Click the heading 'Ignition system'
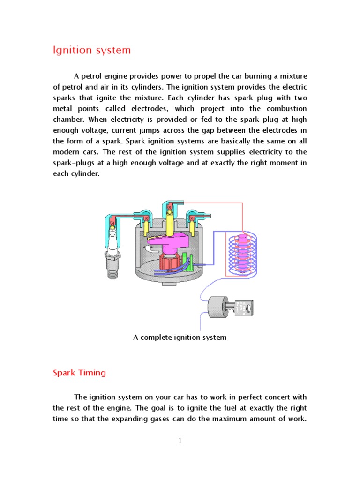coord(92,51)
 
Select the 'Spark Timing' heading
coord(79,373)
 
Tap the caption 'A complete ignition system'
coord(180,337)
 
